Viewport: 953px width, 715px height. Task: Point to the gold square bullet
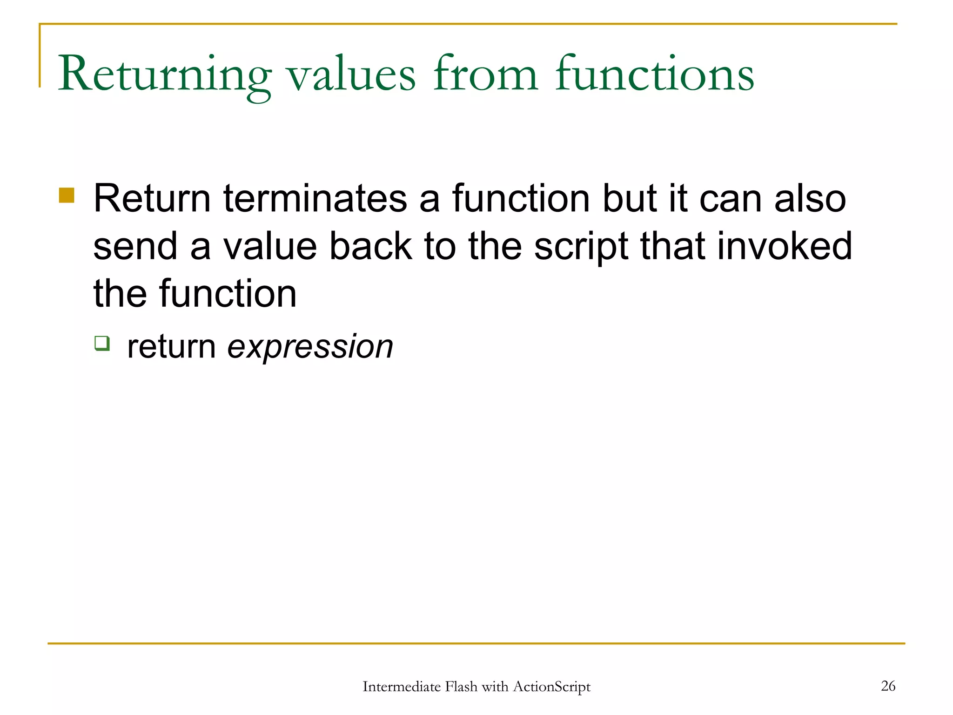pyautogui.click(x=67, y=195)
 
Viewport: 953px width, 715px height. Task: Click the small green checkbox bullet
pyautogui.click(x=102, y=343)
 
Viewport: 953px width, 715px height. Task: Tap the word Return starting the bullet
pyautogui.click(x=152, y=199)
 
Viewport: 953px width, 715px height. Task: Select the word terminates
pyautogui.click(x=315, y=199)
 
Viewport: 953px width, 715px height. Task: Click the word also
pyautogui.click(x=810, y=199)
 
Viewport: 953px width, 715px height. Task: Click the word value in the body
pyautogui.click(x=270, y=246)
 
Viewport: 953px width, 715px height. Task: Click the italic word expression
pyautogui.click(x=310, y=347)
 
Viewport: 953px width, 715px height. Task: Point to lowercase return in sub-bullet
pyautogui.click(x=171, y=347)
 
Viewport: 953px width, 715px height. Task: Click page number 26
pyautogui.click(x=888, y=686)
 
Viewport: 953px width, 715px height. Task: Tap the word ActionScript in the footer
pyautogui.click(x=551, y=687)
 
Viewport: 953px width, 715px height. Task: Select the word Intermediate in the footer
pyautogui.click(x=401, y=687)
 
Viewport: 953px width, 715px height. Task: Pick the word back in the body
pyautogui.click(x=370, y=246)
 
